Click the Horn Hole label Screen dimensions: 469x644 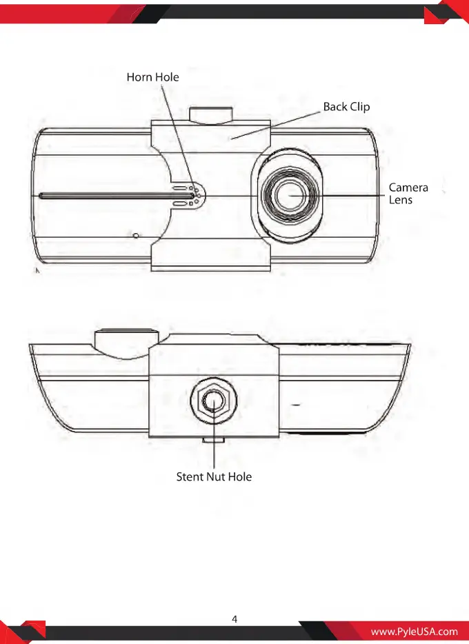pyautogui.click(x=153, y=77)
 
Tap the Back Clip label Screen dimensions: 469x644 pyautogui.click(x=347, y=107)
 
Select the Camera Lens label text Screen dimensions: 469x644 pyautogui.click(x=408, y=194)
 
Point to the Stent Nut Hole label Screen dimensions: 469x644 pyautogui.click(x=214, y=476)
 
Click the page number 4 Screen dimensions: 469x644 pyautogui.click(x=234, y=619)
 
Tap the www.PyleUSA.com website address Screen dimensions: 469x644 pyautogui.click(x=414, y=632)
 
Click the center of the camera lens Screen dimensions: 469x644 pyautogui.click(x=290, y=196)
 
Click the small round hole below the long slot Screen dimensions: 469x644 pyautogui.click(x=135, y=235)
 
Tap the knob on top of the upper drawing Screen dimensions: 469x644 pyautogui.click(x=210, y=114)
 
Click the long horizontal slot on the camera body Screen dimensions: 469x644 pyautogui.click(x=117, y=196)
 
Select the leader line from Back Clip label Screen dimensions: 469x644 pyautogui.click(x=276, y=125)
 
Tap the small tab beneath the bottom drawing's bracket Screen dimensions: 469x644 pyautogui.click(x=213, y=440)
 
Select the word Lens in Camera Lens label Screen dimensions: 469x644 pyautogui.click(x=401, y=200)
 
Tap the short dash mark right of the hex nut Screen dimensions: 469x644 pyautogui.click(x=295, y=405)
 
